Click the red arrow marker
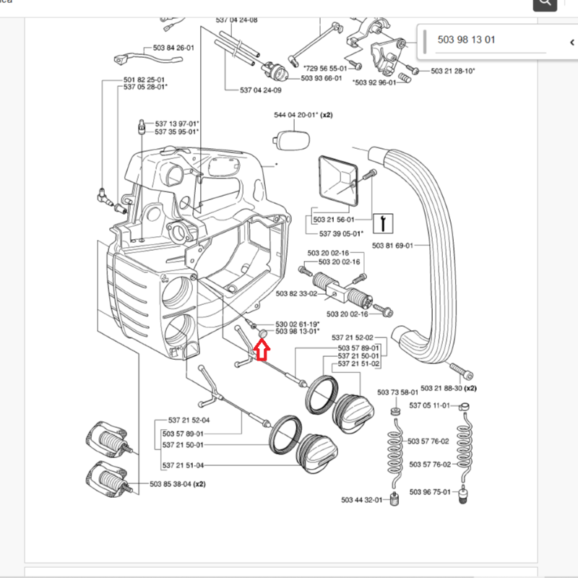(262, 351)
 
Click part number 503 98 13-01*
(297, 332)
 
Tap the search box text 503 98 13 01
(467, 40)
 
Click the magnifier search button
(545, 4)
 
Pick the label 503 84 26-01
(173, 48)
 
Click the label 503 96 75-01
(431, 492)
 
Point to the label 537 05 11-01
(430, 405)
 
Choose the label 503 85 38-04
(171, 484)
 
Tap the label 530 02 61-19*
(297, 324)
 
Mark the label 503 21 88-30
(443, 388)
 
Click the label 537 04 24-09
(261, 90)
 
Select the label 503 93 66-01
(322, 78)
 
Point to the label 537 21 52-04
(189, 420)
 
